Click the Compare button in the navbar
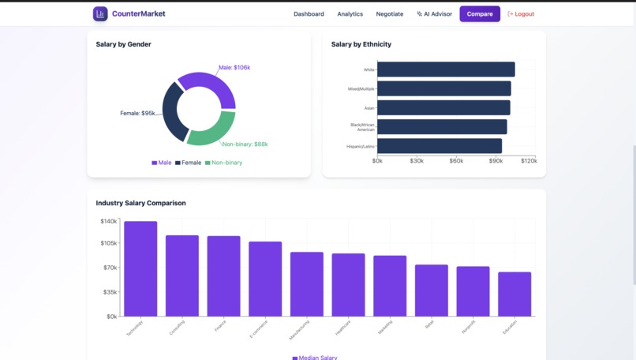[480, 14]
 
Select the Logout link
[521, 14]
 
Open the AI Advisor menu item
[435, 14]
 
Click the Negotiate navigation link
[389, 14]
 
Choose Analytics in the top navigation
[350, 14]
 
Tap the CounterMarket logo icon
[100, 14]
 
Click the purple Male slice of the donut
[211, 85]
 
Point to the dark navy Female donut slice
[171, 111]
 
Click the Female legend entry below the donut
[189, 163]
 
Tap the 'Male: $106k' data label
[234, 68]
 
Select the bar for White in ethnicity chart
[446, 69]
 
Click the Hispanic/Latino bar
[440, 146]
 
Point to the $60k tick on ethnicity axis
[456, 161]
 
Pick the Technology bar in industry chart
[140, 268]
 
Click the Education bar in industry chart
[514, 294]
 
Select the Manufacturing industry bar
[307, 284]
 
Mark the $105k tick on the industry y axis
[108, 244]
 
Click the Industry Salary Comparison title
[141, 203]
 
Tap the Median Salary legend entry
[315, 358]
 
